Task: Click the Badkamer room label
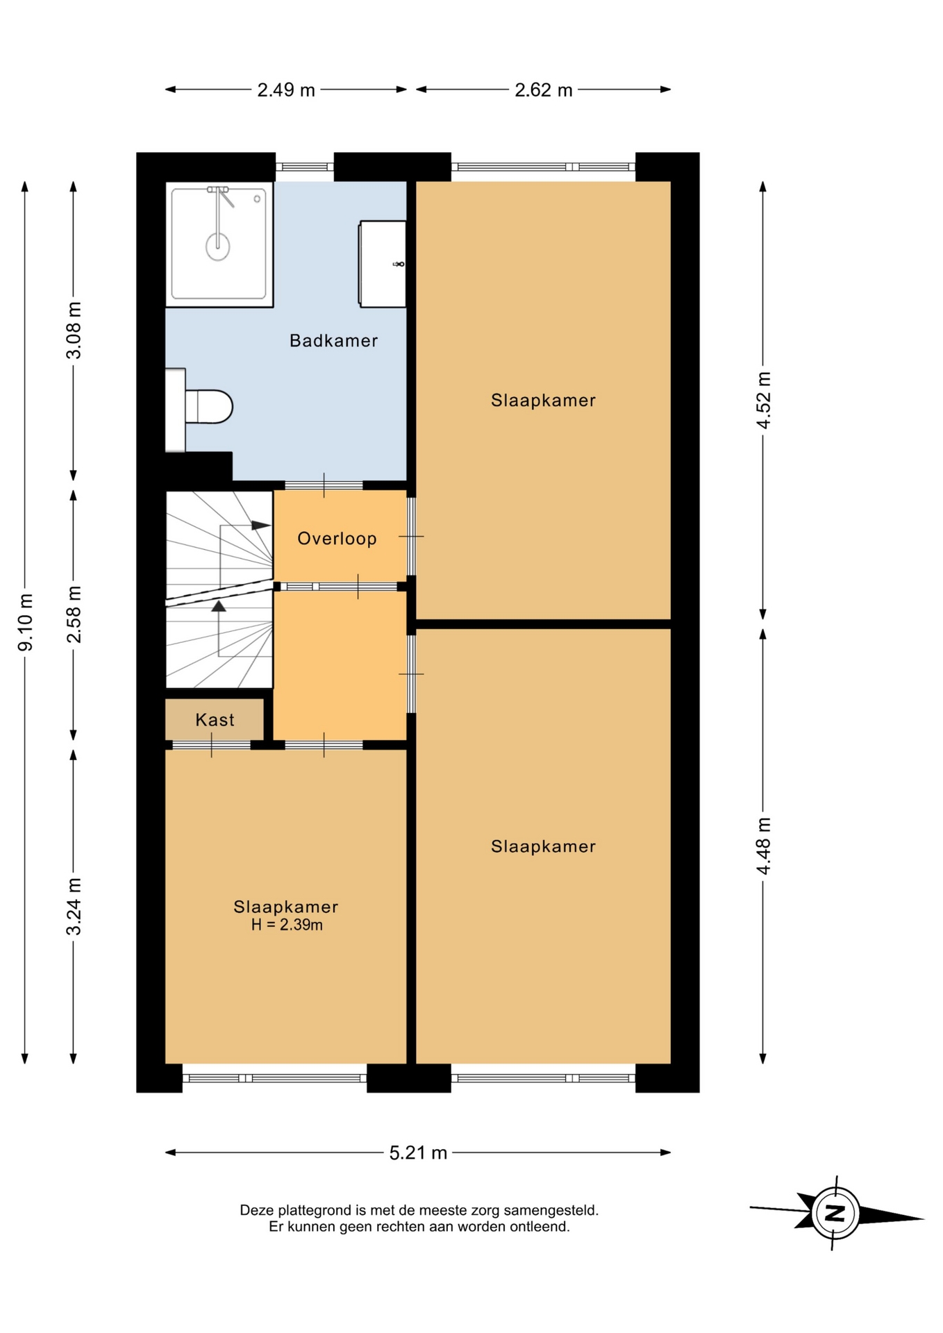coord(333,341)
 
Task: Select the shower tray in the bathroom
coord(219,244)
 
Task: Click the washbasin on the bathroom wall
coord(383,264)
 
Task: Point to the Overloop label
coord(337,539)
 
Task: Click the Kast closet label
coord(215,720)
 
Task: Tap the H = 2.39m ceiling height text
coord(287,925)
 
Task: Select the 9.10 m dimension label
coord(25,623)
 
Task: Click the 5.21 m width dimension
coord(418,1153)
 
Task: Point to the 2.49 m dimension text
coord(286,90)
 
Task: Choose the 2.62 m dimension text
coord(544,90)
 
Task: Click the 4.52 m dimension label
coord(764,401)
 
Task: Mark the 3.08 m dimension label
coord(74,330)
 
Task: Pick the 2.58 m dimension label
coord(74,614)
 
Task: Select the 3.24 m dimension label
coord(74,907)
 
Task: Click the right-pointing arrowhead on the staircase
coord(261,526)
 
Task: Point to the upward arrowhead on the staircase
coord(219,606)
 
